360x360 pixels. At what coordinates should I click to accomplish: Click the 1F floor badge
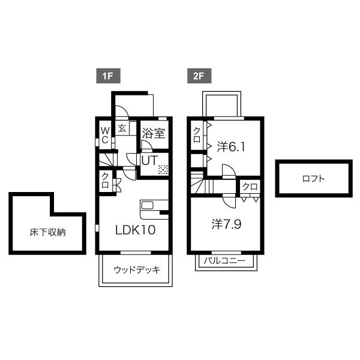click(x=108, y=76)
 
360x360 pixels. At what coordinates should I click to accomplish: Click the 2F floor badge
click(x=199, y=76)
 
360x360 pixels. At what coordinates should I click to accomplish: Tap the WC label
click(x=105, y=136)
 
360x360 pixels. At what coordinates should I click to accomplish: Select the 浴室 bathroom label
click(x=154, y=133)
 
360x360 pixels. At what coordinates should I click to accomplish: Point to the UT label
click(x=149, y=160)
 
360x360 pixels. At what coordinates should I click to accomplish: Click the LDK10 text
click(x=135, y=230)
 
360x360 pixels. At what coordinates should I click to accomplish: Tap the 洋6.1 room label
click(x=231, y=147)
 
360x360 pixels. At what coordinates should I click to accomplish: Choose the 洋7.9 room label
click(x=226, y=224)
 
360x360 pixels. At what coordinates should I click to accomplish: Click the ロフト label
click(x=314, y=179)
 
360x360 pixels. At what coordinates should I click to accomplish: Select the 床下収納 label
click(x=48, y=232)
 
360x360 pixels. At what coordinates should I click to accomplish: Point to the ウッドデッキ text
click(x=137, y=270)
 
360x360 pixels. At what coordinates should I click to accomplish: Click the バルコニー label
click(x=224, y=261)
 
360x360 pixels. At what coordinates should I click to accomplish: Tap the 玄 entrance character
click(x=122, y=128)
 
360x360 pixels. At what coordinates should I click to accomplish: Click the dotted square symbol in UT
click(x=163, y=170)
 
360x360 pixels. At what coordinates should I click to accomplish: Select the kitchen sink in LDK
click(x=148, y=205)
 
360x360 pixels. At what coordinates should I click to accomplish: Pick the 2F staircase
click(x=202, y=183)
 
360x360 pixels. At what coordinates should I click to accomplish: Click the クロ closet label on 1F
click(x=105, y=181)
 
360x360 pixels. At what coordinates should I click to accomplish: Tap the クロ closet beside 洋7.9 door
click(x=250, y=187)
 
